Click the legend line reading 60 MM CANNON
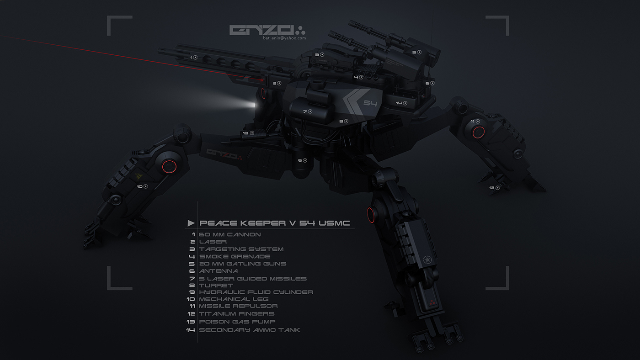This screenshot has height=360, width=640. point(230,234)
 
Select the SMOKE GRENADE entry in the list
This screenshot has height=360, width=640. point(235,256)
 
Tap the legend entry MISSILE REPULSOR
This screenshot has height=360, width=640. point(238,306)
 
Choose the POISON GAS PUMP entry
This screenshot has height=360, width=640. point(237,322)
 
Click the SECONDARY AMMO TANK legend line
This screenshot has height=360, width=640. point(249,330)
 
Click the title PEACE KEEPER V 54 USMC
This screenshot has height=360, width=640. point(274,223)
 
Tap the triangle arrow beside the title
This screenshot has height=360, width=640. point(191,223)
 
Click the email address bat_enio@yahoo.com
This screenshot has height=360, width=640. point(284,38)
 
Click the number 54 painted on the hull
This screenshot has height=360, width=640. point(370,103)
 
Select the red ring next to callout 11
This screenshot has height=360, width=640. point(478,132)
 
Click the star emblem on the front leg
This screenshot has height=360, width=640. point(427,260)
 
